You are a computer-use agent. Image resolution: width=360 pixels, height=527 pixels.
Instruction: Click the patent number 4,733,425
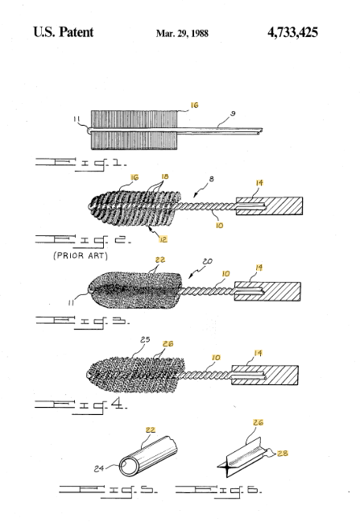point(292,32)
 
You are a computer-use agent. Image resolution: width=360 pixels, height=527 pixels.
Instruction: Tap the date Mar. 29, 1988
point(182,33)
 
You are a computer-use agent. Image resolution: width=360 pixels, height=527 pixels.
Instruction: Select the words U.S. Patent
point(63,32)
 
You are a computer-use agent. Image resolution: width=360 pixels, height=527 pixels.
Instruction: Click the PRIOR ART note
point(81,255)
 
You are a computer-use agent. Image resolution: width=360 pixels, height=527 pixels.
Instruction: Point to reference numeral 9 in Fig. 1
point(233,114)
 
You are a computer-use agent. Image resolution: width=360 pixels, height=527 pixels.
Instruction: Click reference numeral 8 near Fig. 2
point(211,179)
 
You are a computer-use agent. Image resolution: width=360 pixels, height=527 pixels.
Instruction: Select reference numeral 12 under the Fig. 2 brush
point(163,239)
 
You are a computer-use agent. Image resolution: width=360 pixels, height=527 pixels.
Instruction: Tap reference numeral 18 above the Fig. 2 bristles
point(165,176)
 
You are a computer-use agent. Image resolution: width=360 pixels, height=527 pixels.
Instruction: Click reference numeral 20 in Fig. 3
point(209,261)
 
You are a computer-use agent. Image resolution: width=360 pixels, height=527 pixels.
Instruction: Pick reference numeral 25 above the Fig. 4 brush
point(145,339)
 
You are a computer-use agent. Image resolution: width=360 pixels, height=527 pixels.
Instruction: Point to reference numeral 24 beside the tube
point(99,468)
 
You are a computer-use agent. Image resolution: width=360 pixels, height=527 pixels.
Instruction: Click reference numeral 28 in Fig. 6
point(283,454)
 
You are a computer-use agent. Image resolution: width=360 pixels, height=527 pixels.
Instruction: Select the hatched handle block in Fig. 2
point(269,206)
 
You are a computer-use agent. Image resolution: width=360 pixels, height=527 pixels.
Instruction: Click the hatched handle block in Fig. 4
point(265,375)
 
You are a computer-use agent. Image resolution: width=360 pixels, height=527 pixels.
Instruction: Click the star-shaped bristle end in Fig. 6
point(226,467)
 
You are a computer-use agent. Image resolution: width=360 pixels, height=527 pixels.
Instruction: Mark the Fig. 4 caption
point(81,405)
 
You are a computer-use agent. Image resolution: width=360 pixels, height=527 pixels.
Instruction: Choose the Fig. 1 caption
point(81,164)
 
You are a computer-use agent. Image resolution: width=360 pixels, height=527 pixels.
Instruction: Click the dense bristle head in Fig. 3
point(135,291)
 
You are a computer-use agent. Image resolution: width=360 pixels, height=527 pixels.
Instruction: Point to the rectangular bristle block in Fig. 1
point(134,130)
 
